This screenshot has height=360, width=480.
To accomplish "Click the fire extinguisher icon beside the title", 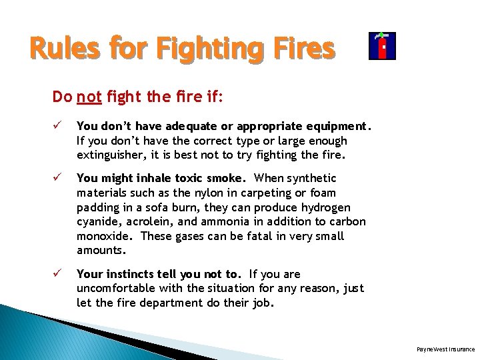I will pyautogui.click(x=382, y=46).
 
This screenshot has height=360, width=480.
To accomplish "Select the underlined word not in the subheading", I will pyautogui.click(x=89, y=97).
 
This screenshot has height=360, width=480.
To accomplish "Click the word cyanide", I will pyautogui.click(x=99, y=222).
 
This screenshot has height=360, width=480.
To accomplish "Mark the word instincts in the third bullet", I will pyautogui.click(x=132, y=274).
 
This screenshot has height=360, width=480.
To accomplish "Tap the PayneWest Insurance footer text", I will pyautogui.click(x=445, y=349).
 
